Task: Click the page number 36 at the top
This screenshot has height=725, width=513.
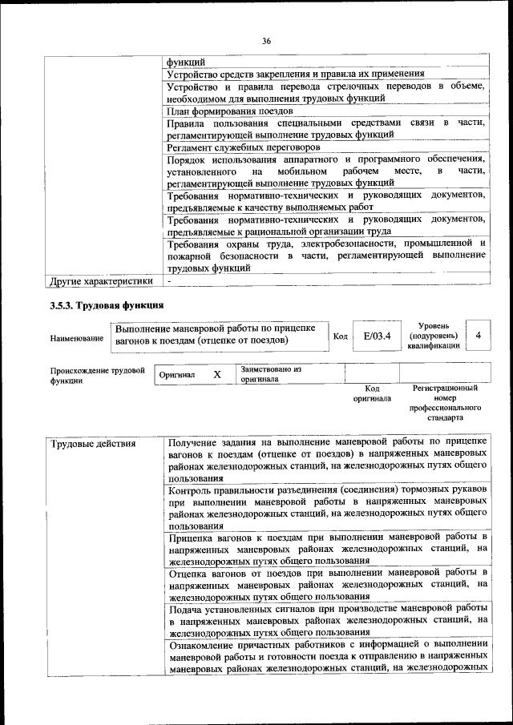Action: coord(268,41)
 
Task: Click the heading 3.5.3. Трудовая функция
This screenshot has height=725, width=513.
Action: coord(107,305)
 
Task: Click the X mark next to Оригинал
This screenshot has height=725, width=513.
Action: coord(216,374)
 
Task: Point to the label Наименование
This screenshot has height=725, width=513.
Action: coord(76,339)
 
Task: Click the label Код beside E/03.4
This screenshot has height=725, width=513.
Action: coord(340,336)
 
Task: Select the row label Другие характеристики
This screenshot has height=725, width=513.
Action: coord(101,281)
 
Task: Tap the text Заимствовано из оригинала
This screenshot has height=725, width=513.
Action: coord(270,374)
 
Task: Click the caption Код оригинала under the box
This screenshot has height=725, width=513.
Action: coord(372,393)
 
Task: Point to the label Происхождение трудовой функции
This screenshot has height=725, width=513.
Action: coord(96,376)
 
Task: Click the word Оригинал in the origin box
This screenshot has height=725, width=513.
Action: coord(177,375)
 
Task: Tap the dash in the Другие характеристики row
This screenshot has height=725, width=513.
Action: coord(169,281)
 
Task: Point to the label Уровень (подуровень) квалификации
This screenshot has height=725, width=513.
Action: coord(433,336)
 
